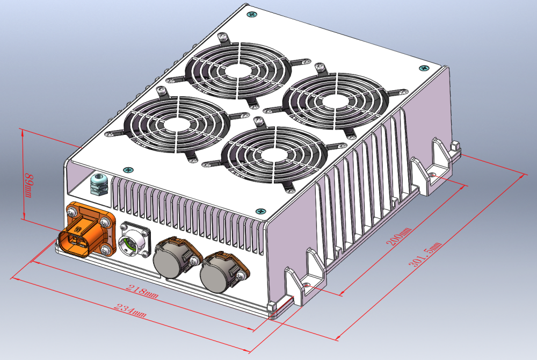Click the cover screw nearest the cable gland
tap(128, 170)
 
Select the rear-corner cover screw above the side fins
tap(424, 68)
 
